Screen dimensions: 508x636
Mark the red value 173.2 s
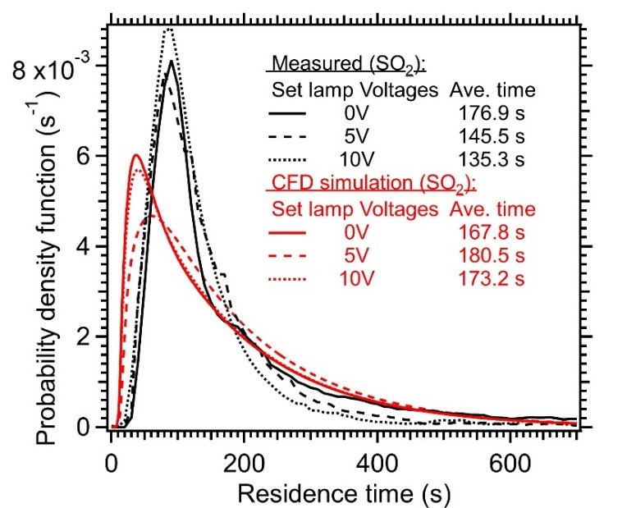pos(490,279)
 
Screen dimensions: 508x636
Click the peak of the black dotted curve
pos(168,30)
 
